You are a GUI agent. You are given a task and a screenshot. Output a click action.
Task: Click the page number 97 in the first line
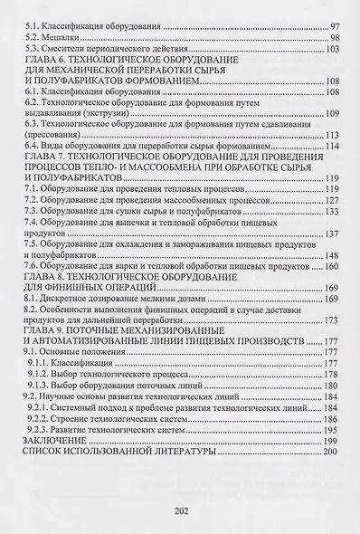click(332, 28)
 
